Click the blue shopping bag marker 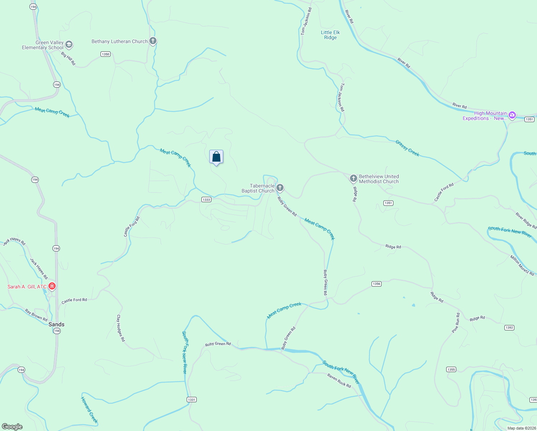pos(216,157)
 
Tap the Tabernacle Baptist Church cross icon pos(280,187)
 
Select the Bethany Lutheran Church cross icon pos(153,41)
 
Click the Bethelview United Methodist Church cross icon pos(353,178)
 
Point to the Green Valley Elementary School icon pos(69,45)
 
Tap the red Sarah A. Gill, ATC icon pos(52,286)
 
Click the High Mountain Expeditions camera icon pos(512,115)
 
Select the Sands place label pos(56,324)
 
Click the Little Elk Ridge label pos(330,35)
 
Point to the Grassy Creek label pos(407,148)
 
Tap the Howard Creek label pos(89,410)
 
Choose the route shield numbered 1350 pos(105,54)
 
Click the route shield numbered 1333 pos(206,200)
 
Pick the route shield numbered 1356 pos(376,284)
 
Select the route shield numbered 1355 pos(451,369)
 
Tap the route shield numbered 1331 pos(192,399)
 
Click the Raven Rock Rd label pos(339,380)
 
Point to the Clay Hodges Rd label pos(121,328)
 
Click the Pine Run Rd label pos(456,323)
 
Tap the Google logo pos(12,426)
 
